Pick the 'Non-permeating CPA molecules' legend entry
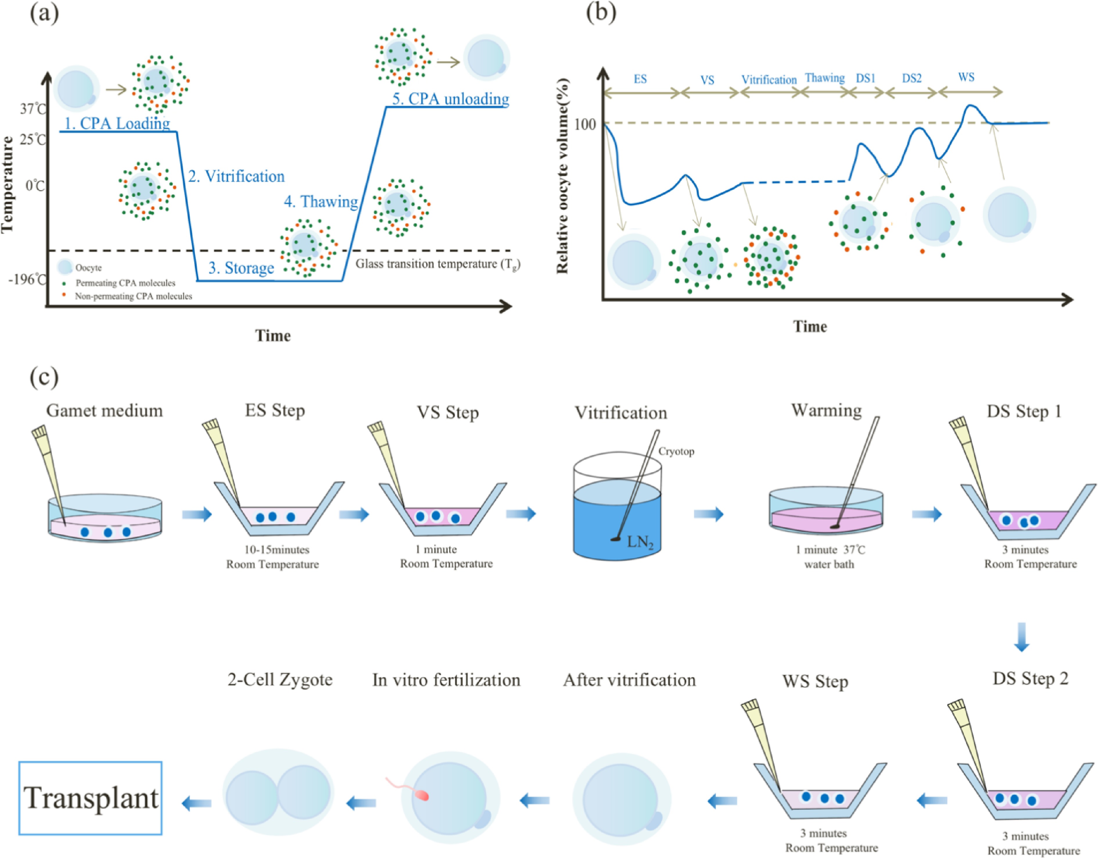tap(133, 296)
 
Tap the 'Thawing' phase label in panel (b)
tap(824, 78)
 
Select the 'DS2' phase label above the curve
tap(912, 78)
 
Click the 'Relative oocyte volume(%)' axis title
tap(563, 176)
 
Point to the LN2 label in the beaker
tap(640, 542)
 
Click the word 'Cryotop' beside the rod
tap(676, 451)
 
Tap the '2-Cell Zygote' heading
tap(280, 680)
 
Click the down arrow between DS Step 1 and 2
tap(1022, 637)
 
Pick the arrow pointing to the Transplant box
tap(196, 803)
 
